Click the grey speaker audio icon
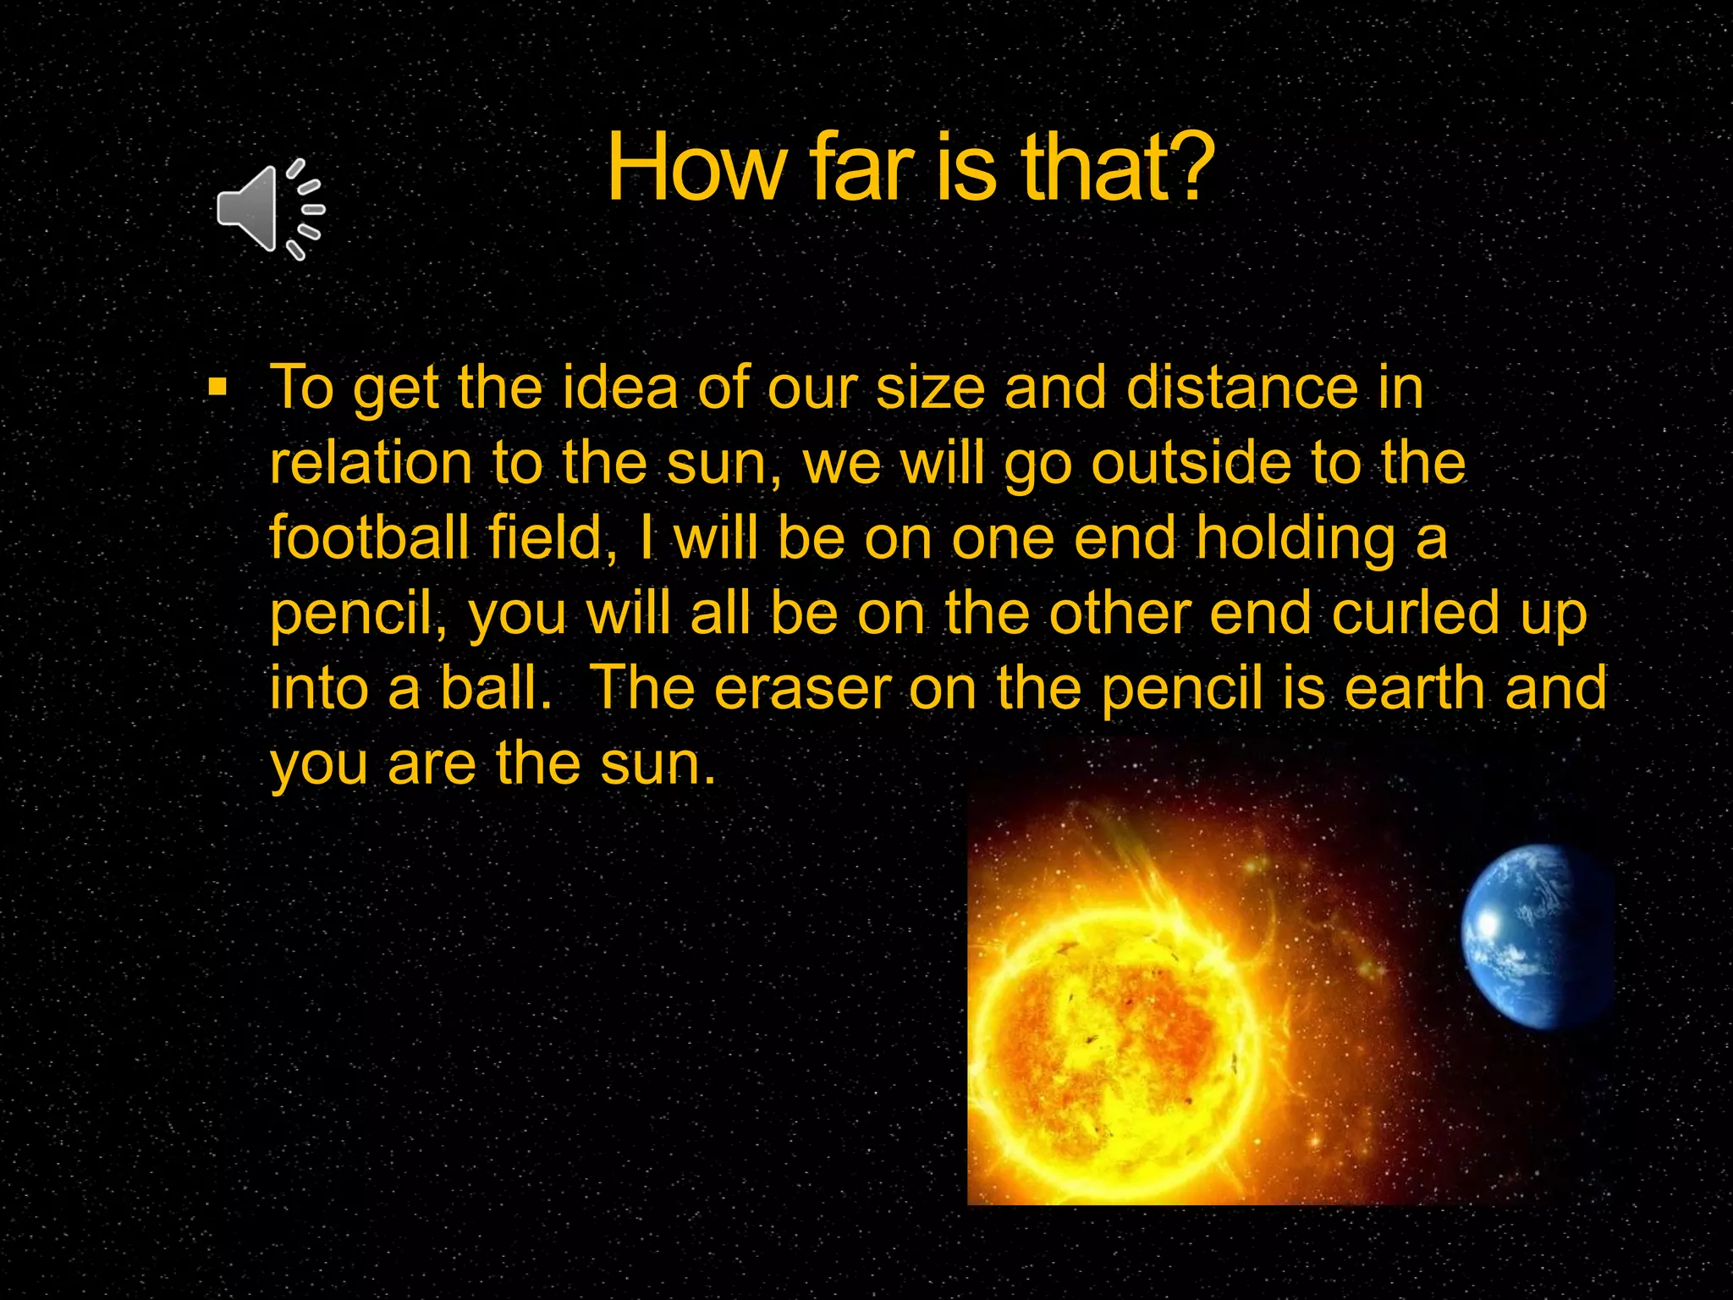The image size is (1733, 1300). (x=269, y=209)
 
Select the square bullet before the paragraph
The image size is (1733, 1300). (x=218, y=388)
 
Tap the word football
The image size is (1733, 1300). (x=369, y=538)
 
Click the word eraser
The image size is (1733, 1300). (x=803, y=689)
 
